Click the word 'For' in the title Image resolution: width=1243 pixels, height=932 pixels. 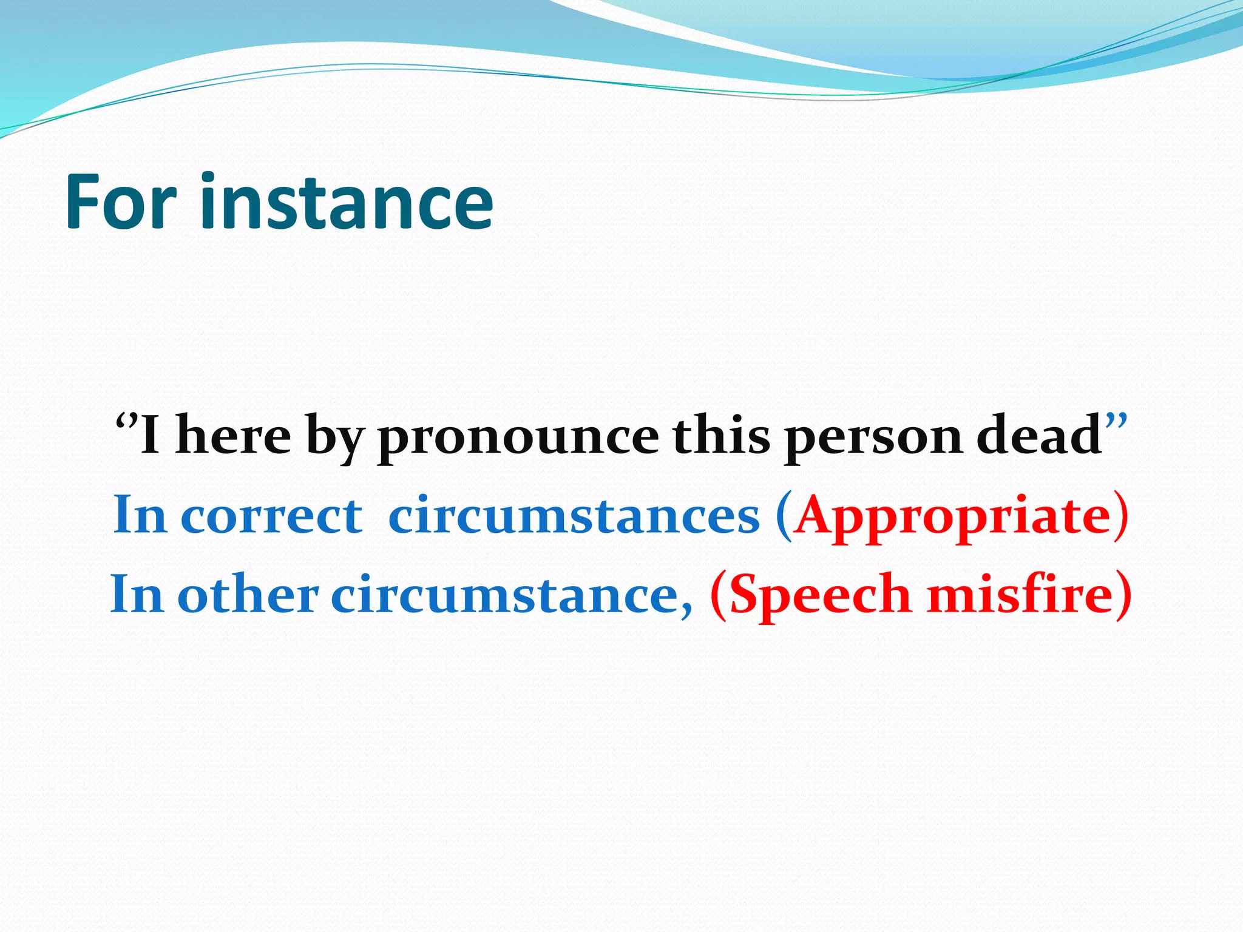[120, 202]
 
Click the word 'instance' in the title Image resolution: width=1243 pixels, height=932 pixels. [346, 202]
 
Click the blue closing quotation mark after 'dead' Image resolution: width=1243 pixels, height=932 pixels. [1116, 420]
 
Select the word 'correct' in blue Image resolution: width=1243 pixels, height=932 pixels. [271, 516]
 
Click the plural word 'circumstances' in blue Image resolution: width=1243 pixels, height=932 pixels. [574, 516]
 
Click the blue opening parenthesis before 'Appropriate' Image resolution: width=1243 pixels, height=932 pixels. [784, 518]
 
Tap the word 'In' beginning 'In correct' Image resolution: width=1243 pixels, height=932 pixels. [140, 516]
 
